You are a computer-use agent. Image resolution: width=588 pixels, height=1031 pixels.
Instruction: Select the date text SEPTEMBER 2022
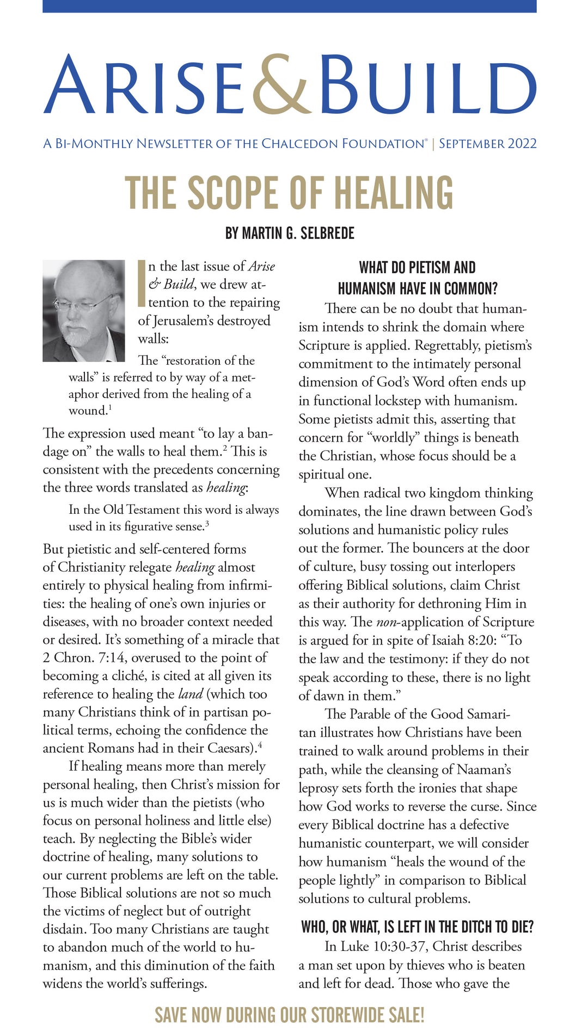pyautogui.click(x=488, y=144)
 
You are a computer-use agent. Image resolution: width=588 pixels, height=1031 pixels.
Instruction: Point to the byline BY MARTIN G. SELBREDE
pyautogui.click(x=290, y=234)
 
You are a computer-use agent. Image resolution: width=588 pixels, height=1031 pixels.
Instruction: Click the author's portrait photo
pyautogui.click(x=84, y=311)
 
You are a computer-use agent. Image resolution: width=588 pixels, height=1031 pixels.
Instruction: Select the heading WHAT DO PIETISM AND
pyautogui.click(x=417, y=268)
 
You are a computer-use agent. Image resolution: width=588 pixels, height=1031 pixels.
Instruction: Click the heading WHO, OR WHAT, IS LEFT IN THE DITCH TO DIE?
pyautogui.click(x=417, y=927)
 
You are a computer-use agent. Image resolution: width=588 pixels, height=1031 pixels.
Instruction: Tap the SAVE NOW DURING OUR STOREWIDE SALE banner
pyautogui.click(x=290, y=1015)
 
